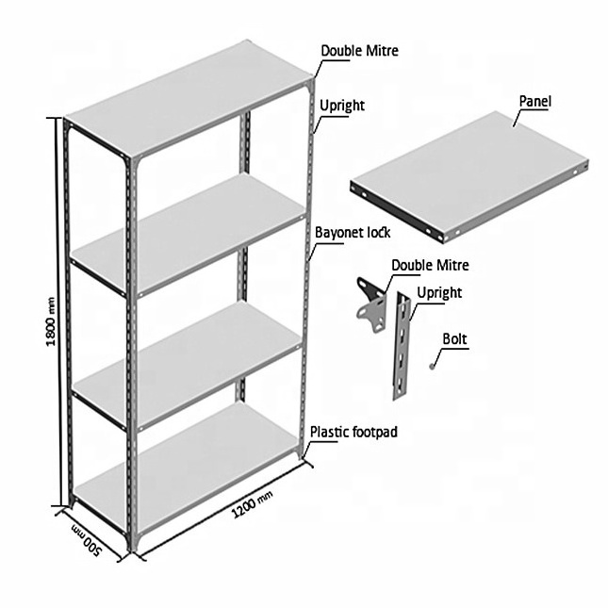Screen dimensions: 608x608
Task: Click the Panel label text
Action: pyautogui.click(x=535, y=101)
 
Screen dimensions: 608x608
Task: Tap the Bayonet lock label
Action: pyautogui.click(x=353, y=233)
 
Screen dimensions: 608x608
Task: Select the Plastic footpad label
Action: pyautogui.click(x=354, y=432)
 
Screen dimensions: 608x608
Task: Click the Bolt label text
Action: pyautogui.click(x=455, y=339)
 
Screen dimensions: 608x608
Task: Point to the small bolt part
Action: pyautogui.click(x=432, y=367)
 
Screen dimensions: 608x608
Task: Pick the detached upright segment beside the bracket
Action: pyautogui.click(x=402, y=346)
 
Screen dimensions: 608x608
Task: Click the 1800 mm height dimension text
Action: pyautogui.click(x=51, y=321)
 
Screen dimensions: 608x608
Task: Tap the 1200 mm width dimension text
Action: pyautogui.click(x=252, y=503)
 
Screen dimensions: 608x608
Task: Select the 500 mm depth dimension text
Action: pyautogui.click(x=87, y=540)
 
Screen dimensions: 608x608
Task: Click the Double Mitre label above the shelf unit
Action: pyautogui.click(x=359, y=51)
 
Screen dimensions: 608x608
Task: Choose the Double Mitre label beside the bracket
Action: pyautogui.click(x=430, y=266)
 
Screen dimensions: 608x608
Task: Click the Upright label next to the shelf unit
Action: pyautogui.click(x=342, y=106)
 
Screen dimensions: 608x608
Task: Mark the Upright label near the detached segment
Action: pyautogui.click(x=439, y=293)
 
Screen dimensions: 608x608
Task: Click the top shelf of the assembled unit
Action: pyautogui.click(x=189, y=99)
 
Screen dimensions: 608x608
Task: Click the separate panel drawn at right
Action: pyautogui.click(x=469, y=177)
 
